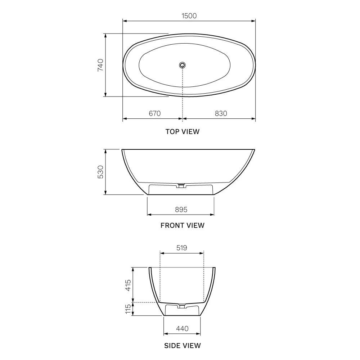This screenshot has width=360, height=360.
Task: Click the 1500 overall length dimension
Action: pos(189,16)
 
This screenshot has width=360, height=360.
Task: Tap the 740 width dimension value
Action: pos(100,65)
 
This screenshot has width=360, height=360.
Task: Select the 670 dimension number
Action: pos(155,113)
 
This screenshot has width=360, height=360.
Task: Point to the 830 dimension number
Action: pos(221,113)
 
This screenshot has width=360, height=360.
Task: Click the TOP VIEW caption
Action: pos(183,131)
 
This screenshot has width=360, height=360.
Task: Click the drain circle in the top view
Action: pos(182,65)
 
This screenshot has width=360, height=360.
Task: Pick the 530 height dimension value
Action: pos(100,172)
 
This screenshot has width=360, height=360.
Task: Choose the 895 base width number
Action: pos(181,210)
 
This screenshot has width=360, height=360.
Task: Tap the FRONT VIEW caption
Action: pos(183,225)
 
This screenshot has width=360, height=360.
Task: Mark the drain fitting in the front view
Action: pos(181,185)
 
